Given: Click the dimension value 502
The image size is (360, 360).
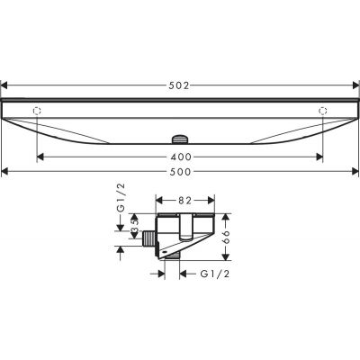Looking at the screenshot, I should point(181,85).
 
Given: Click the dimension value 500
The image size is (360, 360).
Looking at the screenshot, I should point(181,170).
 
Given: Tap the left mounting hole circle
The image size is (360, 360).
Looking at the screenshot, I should point(37,111).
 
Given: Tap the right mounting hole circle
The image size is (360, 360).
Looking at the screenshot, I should point(323,111).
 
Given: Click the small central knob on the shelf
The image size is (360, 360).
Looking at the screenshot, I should point(179,139).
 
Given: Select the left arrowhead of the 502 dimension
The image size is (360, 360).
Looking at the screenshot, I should point(5,85).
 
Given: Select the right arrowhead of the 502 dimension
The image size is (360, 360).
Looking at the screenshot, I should point(355,85).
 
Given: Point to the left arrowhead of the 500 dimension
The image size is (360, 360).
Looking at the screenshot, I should point(5,170).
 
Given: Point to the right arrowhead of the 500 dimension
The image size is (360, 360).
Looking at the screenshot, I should point(354,170).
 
